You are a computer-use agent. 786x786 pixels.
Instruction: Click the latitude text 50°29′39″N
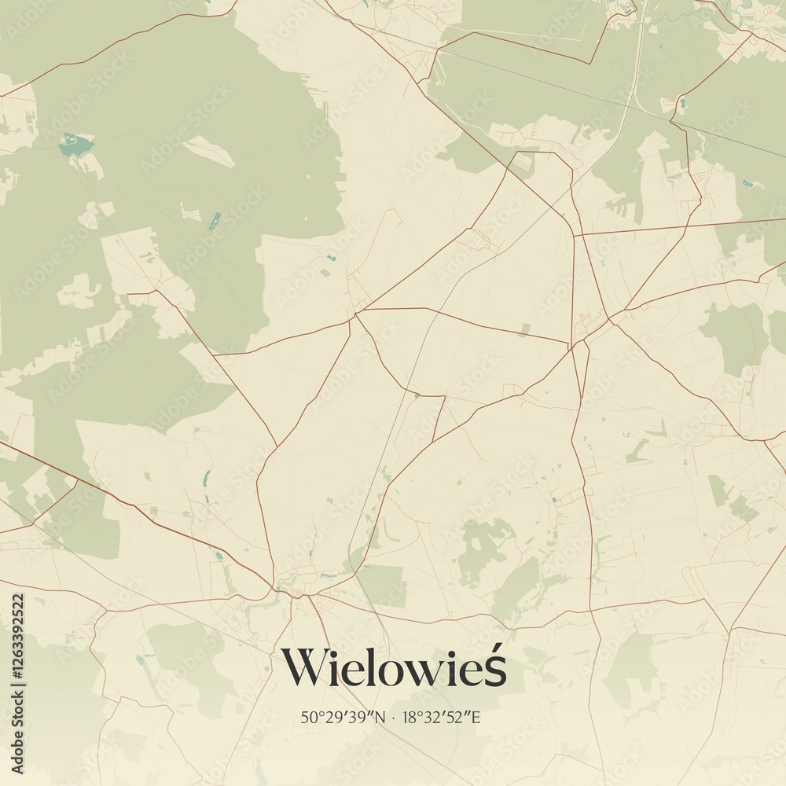coord(343,717)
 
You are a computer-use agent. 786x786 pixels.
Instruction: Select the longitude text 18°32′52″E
coord(444,717)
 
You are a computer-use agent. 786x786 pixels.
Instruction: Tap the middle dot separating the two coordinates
coord(393,717)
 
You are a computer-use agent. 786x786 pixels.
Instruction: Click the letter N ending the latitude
coord(380,717)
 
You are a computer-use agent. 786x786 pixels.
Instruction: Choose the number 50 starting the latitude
coord(307,717)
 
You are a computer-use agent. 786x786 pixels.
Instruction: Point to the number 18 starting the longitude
coord(410,717)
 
